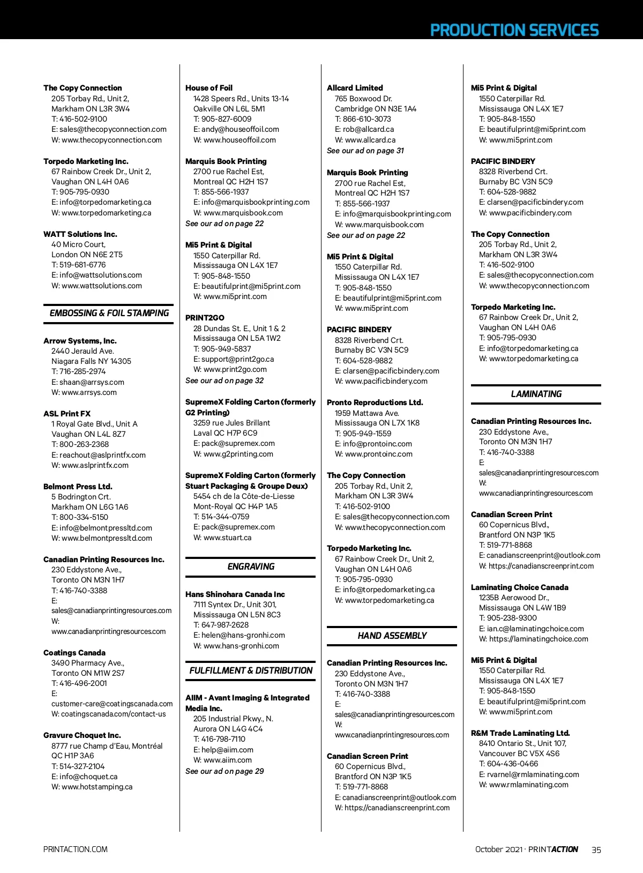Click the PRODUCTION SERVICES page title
coord(514,30)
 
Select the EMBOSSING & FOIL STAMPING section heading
coord(109,314)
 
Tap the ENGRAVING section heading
coord(251,566)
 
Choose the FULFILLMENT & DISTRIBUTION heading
coord(251,670)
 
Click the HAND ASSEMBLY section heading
coord(392,636)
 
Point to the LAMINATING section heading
coord(536,394)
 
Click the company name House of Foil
coord(209,88)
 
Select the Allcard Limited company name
coord(355,88)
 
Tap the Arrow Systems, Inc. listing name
coord(80,341)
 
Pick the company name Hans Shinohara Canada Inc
coord(235,594)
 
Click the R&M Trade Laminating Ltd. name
coord(520,733)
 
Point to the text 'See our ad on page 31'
coord(365,151)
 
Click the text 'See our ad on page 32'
coord(225,380)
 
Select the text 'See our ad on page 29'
coord(225,771)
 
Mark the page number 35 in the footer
coord(596,849)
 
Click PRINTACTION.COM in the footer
coord(76,849)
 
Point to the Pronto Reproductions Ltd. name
coord(375,402)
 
